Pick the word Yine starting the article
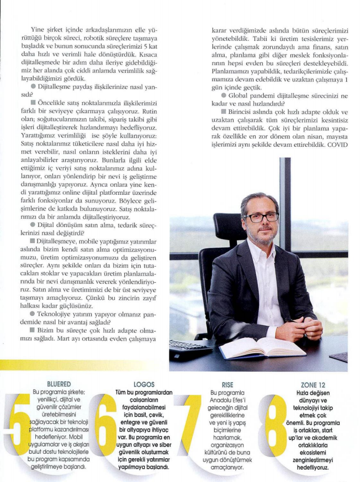41,28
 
